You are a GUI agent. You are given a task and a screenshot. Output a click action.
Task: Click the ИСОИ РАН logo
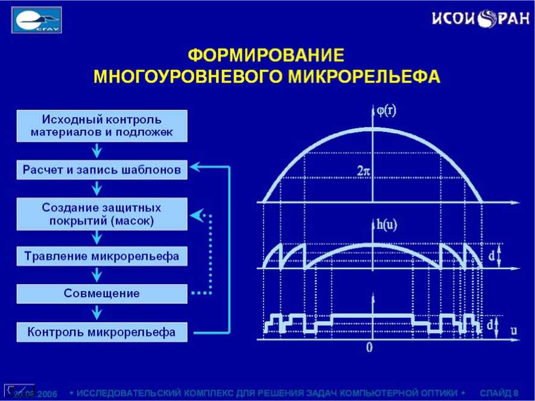coord(480,19)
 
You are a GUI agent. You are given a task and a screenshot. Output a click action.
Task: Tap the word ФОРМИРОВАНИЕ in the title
coord(266,56)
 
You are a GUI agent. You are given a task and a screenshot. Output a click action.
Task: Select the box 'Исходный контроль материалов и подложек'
coord(101,125)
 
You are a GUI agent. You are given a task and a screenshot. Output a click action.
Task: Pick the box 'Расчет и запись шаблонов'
coord(101,170)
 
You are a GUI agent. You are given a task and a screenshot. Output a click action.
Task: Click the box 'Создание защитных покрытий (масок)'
coord(101,215)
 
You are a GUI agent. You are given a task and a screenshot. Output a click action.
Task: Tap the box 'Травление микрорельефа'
coord(101,256)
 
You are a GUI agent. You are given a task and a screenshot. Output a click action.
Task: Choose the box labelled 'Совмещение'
coord(101,294)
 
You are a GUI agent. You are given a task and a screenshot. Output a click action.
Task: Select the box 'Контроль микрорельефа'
coord(101,332)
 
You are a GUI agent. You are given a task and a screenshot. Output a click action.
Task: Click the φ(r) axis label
coord(386,111)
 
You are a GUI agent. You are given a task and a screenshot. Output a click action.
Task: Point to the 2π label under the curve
coord(363,171)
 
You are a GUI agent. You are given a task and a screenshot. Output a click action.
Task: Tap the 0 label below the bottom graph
coord(370,348)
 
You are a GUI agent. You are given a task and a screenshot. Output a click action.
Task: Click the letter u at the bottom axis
coord(513,330)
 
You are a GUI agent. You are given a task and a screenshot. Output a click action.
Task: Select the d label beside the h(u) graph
coord(492,257)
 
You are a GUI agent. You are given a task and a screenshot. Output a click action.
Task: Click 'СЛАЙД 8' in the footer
coord(498,393)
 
